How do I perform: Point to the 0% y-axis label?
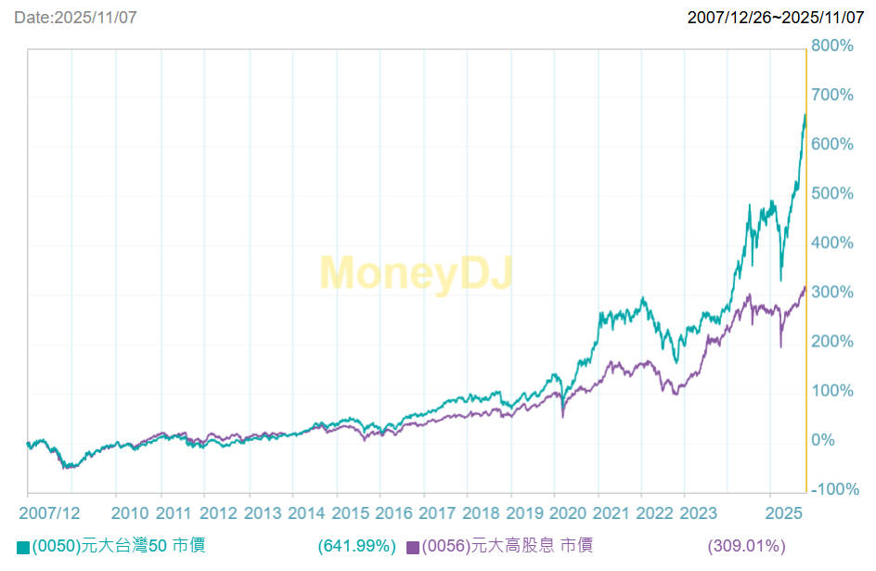point(825,440)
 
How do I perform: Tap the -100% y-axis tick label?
point(832,489)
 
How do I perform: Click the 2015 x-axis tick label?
point(350,513)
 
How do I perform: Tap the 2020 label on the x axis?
point(570,513)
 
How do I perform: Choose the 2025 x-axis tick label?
point(784,513)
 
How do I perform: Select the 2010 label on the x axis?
point(129,513)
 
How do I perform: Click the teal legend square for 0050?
point(23,547)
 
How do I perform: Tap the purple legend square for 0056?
point(413,547)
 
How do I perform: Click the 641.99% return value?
point(356,546)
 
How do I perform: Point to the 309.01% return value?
point(746,546)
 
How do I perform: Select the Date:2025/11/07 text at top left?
point(75,18)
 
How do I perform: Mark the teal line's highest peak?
point(804,115)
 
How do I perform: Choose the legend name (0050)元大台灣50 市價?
point(118,546)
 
